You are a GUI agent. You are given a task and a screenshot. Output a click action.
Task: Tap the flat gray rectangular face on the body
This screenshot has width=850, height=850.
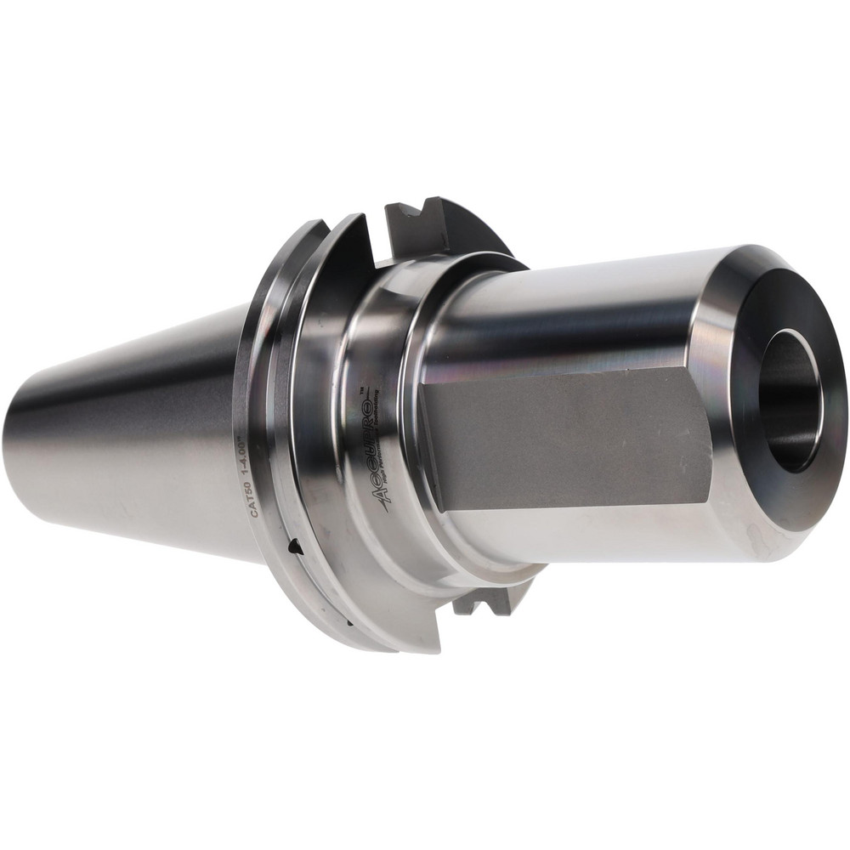[565, 441]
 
